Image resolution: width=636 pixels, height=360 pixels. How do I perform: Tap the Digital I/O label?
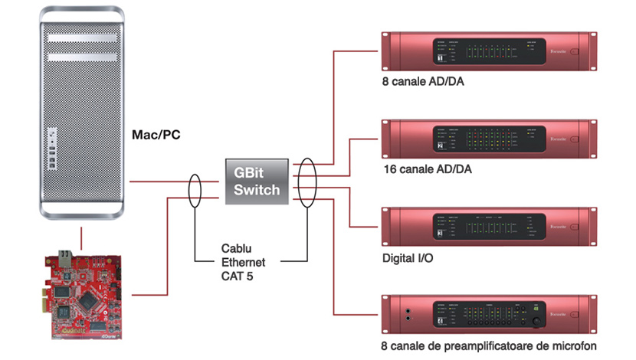[x=407, y=258]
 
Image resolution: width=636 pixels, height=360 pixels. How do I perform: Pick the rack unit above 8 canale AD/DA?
[x=487, y=52]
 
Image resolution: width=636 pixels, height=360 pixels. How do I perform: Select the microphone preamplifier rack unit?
[x=487, y=316]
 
